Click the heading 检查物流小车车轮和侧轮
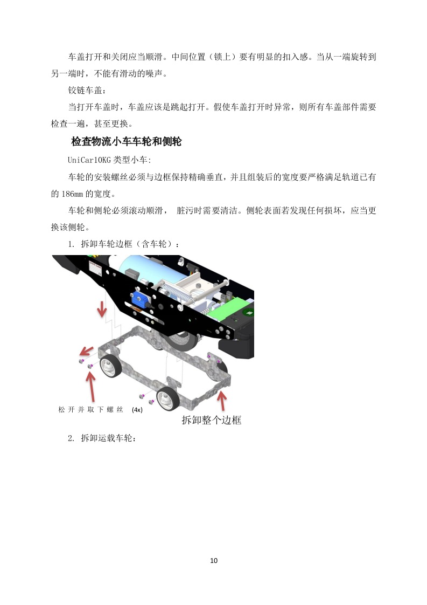click(x=126, y=142)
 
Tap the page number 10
click(x=214, y=560)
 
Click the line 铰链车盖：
click(x=88, y=90)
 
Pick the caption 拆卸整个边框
click(x=211, y=420)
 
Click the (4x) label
click(x=137, y=410)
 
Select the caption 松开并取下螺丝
click(x=91, y=410)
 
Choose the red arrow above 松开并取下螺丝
click(x=91, y=384)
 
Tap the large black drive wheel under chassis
click(x=181, y=340)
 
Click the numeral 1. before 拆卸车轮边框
click(x=72, y=244)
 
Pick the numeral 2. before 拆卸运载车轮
click(x=72, y=438)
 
